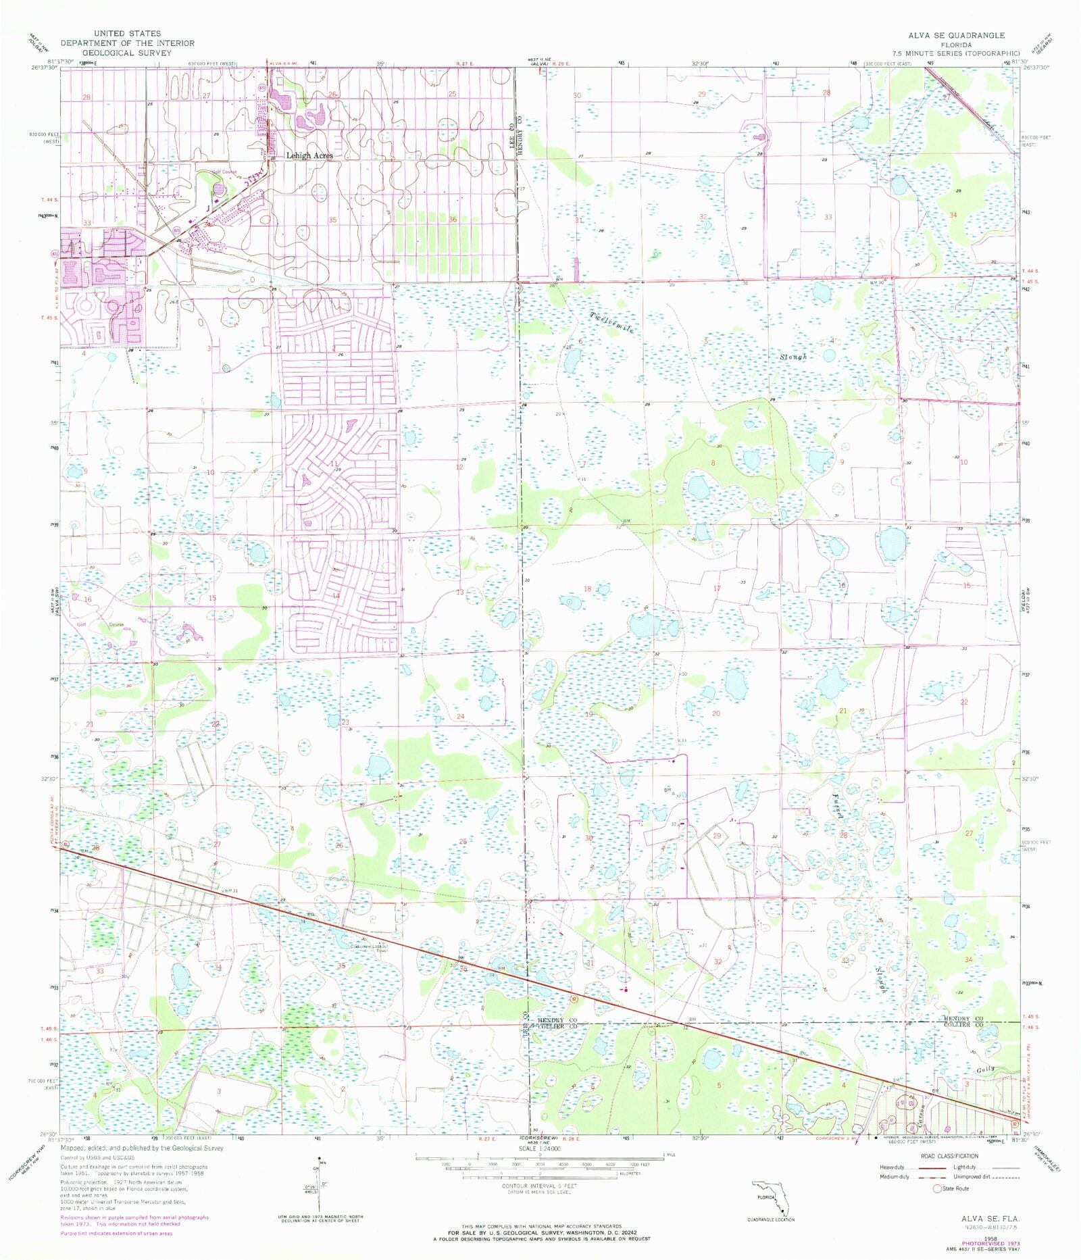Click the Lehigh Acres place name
pyautogui.click(x=309, y=155)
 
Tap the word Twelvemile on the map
pyautogui.click(x=612, y=323)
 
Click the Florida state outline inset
pyautogui.click(x=771, y=1200)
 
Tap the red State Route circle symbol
pyautogui.click(x=937, y=1188)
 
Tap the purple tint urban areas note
pyautogui.click(x=116, y=1233)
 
